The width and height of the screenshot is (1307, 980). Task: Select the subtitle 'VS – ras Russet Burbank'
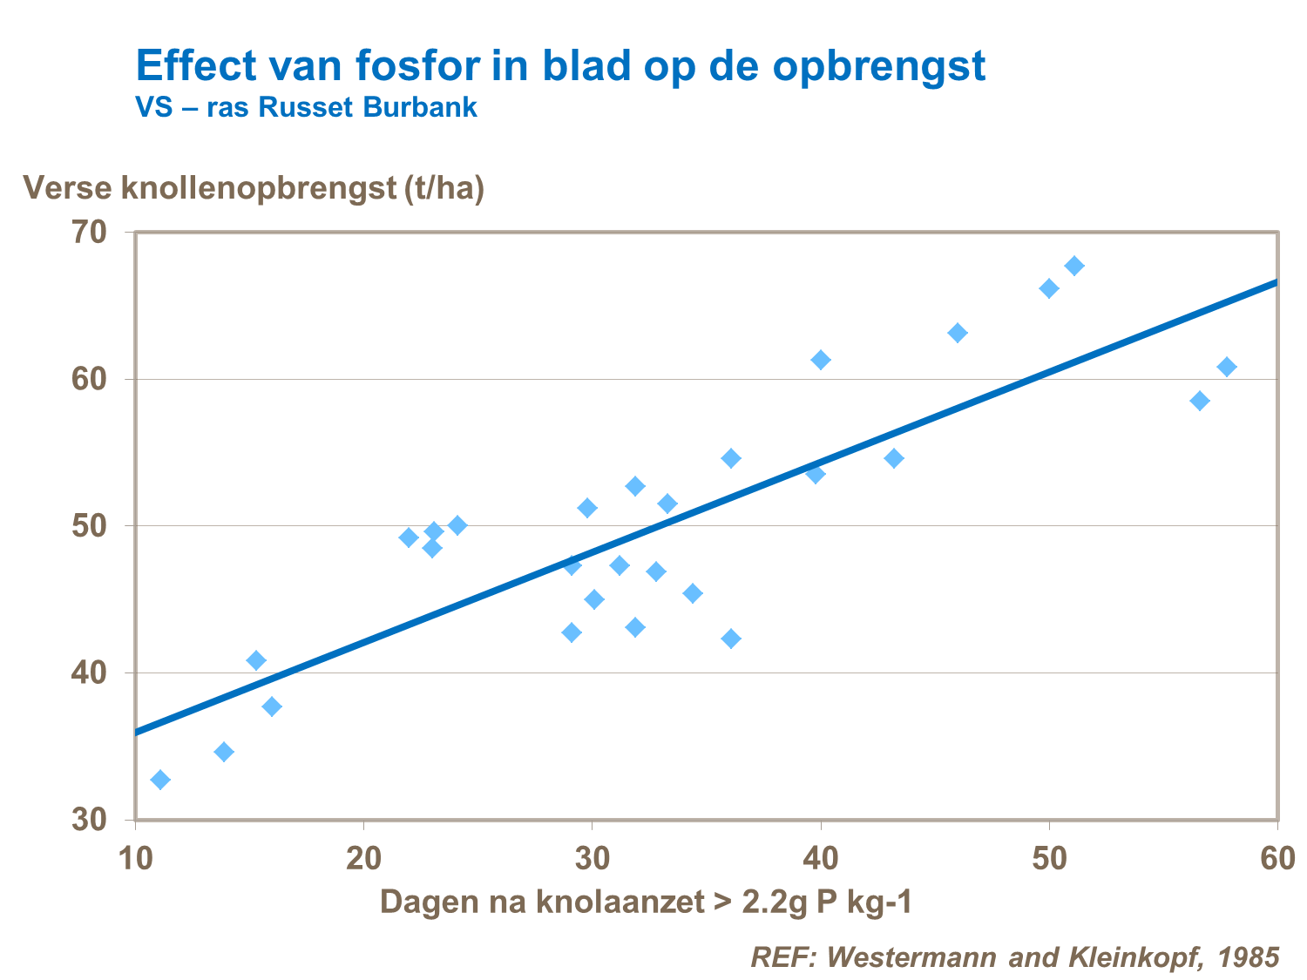[x=306, y=107]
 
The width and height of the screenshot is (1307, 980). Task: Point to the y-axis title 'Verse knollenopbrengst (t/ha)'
[x=254, y=187]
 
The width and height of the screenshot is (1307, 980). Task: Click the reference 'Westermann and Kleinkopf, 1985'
[x=1015, y=956]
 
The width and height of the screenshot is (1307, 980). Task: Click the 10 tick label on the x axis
[x=135, y=858]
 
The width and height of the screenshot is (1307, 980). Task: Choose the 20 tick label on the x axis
[x=363, y=858]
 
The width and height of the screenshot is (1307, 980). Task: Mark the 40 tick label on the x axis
[x=821, y=858]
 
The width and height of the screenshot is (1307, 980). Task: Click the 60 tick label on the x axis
[x=1277, y=858]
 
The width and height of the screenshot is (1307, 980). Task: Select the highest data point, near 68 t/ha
[x=1074, y=266]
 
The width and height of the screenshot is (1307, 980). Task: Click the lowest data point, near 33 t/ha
[x=160, y=780]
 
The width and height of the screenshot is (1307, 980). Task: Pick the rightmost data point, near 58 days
[x=1227, y=367]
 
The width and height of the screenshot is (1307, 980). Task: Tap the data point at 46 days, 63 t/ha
[x=958, y=333]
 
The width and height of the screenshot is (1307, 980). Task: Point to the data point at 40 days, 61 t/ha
[x=821, y=360]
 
